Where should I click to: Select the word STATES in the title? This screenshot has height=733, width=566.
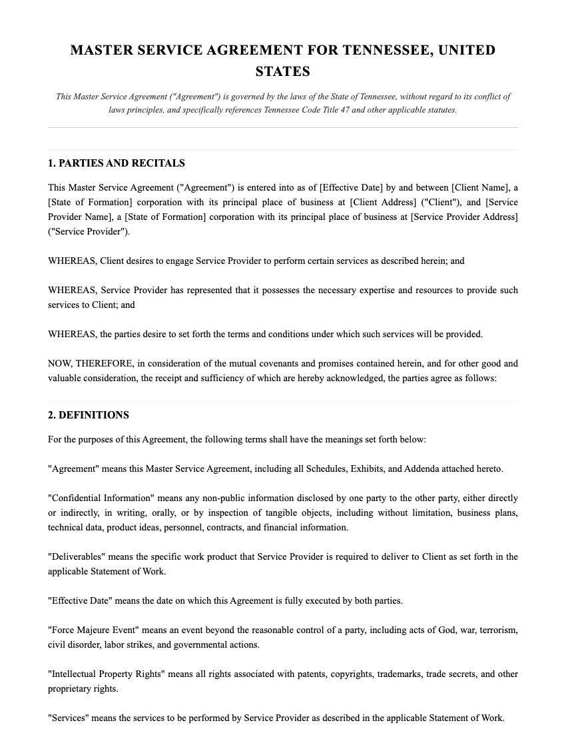click(282, 71)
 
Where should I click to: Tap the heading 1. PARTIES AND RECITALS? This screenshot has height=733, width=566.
click(117, 163)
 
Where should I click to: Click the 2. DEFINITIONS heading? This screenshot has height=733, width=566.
click(89, 415)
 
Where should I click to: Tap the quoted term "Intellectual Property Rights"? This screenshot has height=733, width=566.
click(106, 674)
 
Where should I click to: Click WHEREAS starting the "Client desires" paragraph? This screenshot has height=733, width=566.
click(73, 261)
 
